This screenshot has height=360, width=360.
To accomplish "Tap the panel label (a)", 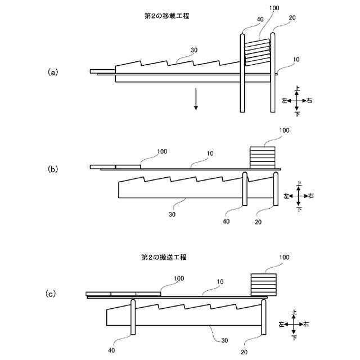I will tap(53, 72).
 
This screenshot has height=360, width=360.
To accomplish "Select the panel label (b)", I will tap(53, 168).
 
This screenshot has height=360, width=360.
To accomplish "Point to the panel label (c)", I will tap(51, 294).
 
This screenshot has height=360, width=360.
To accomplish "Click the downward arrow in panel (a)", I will tap(196, 99).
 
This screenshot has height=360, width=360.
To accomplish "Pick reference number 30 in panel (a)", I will tap(194, 50).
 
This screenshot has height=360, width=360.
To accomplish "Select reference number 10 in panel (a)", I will tap(296, 58).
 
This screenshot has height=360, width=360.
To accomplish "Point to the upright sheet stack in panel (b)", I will tap(263, 156).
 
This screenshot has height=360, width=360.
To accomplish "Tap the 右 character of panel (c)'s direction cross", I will tap(307, 325).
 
